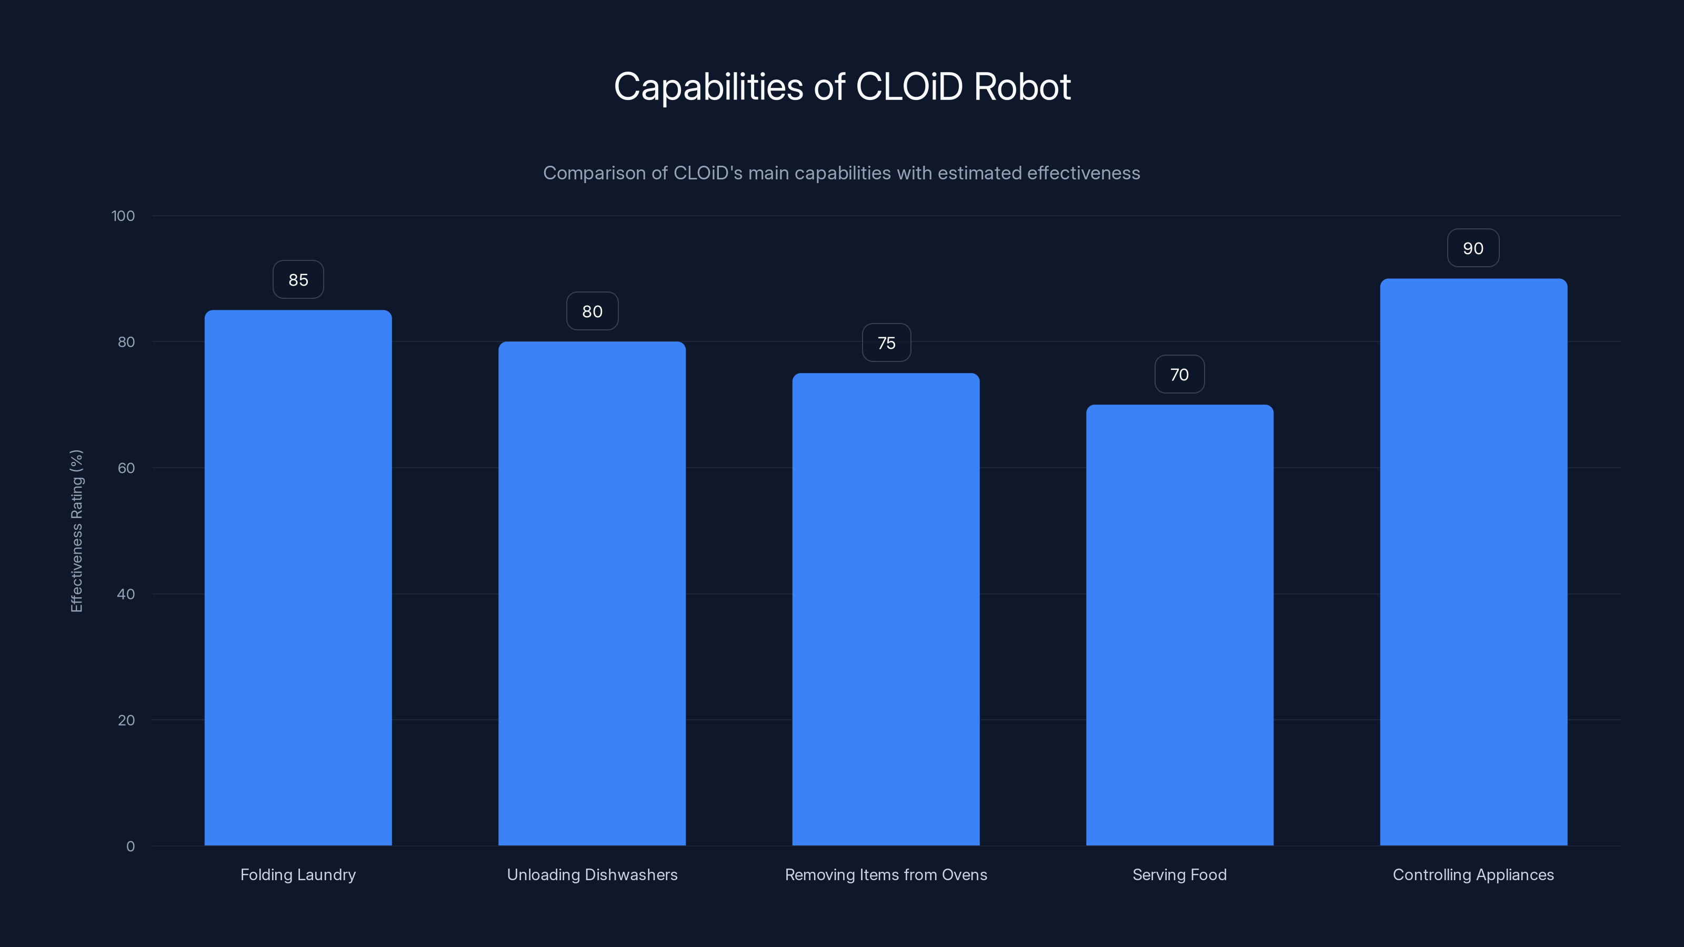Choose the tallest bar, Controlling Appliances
1473,562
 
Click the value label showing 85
298,280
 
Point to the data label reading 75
886,343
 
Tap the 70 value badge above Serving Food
1179,375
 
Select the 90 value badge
1473,248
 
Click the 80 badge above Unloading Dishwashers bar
592,312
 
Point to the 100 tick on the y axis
123,216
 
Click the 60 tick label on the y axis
126,468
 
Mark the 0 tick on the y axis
130,847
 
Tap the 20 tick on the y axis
126,720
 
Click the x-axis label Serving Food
1179,874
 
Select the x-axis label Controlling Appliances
1473,874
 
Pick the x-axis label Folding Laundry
298,874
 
